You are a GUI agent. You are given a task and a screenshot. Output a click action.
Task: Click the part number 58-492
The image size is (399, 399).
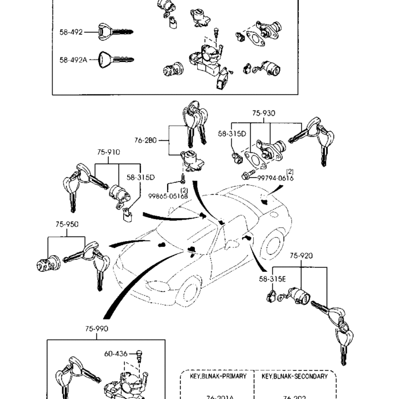[x=71, y=32]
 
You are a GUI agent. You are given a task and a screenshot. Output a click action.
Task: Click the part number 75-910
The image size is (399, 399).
[x=108, y=152]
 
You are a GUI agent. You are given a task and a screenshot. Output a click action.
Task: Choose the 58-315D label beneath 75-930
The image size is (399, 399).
[x=231, y=134]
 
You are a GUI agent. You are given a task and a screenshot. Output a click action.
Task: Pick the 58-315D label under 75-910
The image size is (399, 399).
[x=141, y=178]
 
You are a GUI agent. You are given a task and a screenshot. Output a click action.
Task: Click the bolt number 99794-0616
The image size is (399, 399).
[x=275, y=178]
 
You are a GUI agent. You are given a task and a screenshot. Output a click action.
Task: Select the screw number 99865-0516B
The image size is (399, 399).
[x=168, y=196]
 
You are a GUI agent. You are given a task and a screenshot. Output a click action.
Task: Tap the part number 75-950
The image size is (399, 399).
[x=67, y=225]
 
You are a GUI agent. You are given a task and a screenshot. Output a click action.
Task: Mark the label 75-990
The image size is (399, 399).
[x=97, y=329]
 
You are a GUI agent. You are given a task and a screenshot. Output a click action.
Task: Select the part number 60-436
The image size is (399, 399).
[x=116, y=354]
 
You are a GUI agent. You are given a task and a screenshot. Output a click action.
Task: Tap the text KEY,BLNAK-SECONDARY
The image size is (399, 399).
[x=295, y=377]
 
